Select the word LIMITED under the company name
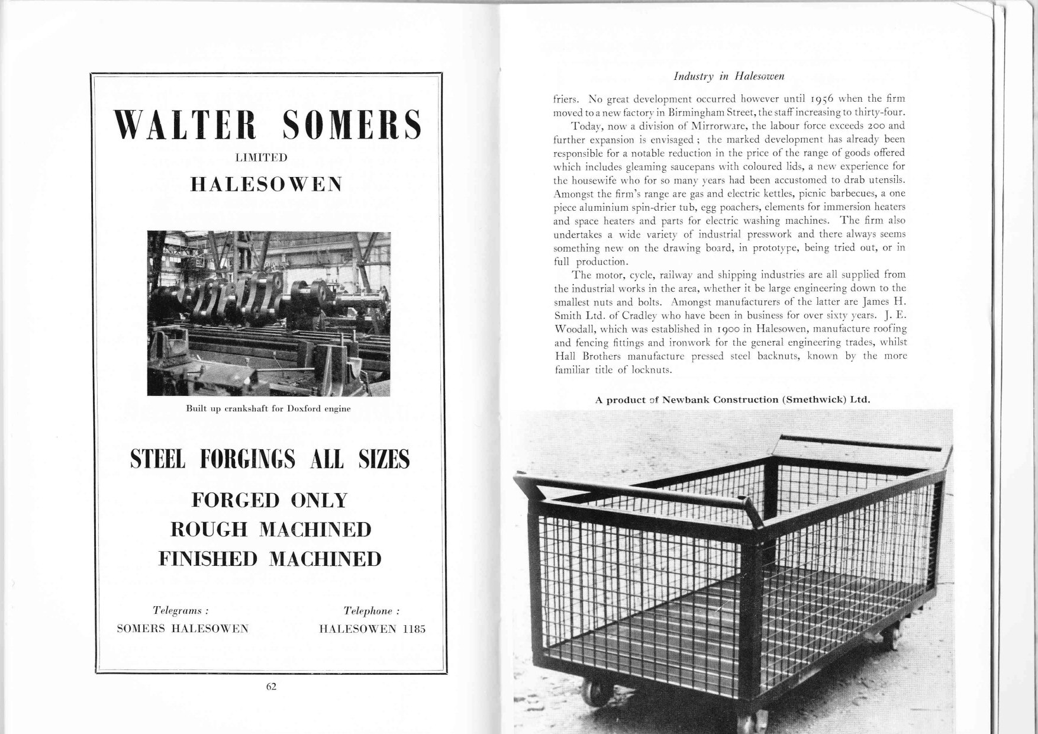[261, 157]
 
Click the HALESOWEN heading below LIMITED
[266, 185]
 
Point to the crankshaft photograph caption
[268, 408]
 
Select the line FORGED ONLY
[269, 500]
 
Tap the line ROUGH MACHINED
[270, 529]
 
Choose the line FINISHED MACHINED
[270, 558]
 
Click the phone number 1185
[414, 629]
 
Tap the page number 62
[272, 686]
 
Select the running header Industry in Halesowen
[729, 76]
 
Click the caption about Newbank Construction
[733, 400]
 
